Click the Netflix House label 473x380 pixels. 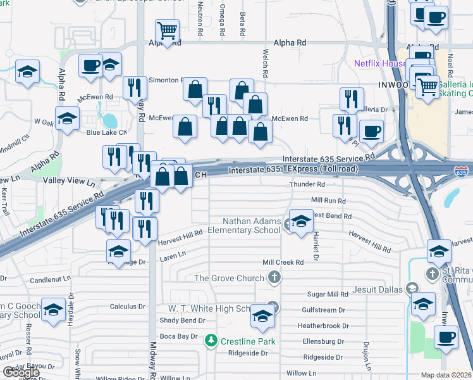(379, 63)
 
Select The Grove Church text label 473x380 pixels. (229, 278)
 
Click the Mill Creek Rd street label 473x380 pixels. (283, 262)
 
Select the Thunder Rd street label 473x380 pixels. (307, 184)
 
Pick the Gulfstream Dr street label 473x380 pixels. (323, 310)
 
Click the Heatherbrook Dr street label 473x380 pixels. (323, 326)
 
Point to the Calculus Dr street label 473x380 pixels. (128, 307)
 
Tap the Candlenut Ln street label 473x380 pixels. (53, 279)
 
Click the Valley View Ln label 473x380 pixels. (68, 181)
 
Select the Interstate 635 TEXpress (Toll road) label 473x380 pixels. (293, 170)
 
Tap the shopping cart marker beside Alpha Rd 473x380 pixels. (167, 30)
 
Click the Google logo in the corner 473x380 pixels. (21, 372)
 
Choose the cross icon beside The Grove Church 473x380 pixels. (274, 277)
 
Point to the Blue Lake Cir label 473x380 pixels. (107, 132)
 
